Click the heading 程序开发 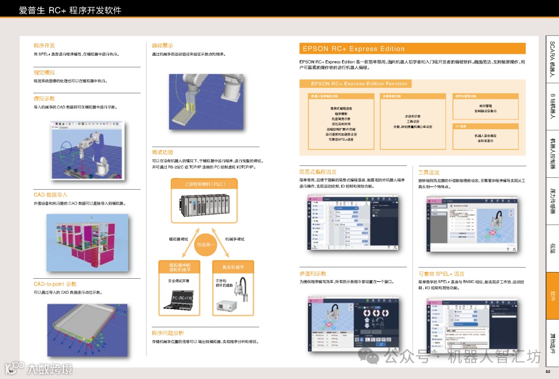point(45,46)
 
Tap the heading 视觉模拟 point(45,72)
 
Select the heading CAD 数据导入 point(51,195)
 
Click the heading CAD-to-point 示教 point(55,284)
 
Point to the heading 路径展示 point(163,46)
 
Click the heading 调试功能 point(163,152)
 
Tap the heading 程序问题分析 point(168,333)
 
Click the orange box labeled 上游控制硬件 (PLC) point(205,184)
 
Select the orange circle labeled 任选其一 point(205,245)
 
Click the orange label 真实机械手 point(233,267)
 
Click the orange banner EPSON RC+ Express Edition point(412,49)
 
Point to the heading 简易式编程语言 point(318,172)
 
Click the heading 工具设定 point(429,172)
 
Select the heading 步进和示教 point(313,274)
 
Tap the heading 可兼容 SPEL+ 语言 point(442,274)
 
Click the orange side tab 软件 point(552,296)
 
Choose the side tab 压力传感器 point(552,201)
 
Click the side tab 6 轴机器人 point(552,106)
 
